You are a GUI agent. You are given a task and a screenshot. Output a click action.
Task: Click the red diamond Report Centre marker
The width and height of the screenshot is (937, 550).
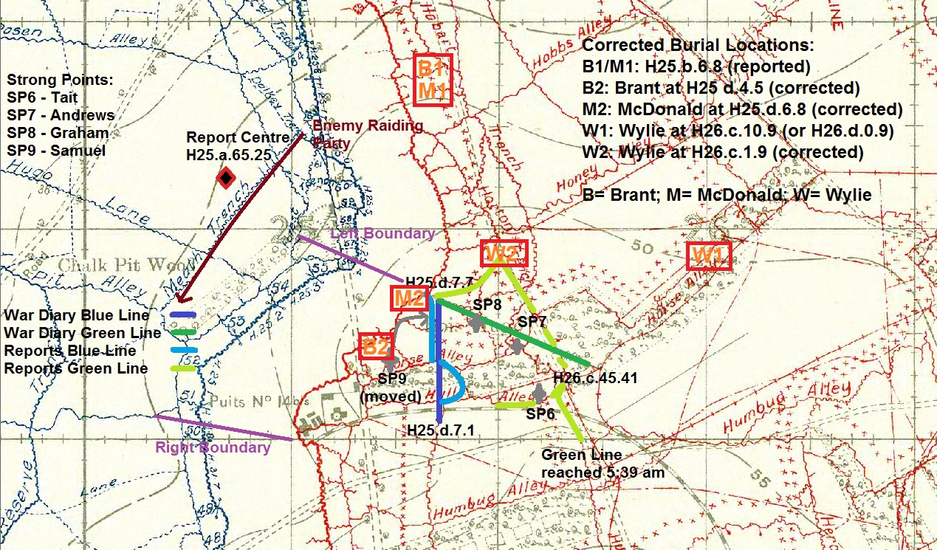pos(225,177)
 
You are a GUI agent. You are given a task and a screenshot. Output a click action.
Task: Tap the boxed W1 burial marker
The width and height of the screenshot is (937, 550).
pos(709,256)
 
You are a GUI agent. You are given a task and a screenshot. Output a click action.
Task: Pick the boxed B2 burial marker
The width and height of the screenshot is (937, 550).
pos(375,346)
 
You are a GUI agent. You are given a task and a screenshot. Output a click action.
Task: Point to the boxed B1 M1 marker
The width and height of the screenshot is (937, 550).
pos(432,80)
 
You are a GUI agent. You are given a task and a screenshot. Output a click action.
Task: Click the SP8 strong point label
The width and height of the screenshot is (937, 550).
pos(487,304)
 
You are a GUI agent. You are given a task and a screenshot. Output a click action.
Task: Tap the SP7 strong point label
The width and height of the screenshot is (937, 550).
pos(532,322)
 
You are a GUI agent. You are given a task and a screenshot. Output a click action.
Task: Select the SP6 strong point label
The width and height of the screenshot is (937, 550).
pos(540,414)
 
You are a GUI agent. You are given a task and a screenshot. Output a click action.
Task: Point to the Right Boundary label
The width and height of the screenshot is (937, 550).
pos(213,447)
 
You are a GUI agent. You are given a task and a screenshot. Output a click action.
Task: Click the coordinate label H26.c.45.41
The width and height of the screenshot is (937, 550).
pos(594,378)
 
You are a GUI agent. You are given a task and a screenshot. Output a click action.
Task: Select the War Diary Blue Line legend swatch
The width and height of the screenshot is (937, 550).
pos(182,315)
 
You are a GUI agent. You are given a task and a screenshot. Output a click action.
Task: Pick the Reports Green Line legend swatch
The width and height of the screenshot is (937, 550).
pos(182,368)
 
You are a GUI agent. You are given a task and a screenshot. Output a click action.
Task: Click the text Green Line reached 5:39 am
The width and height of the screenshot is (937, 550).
pos(603,464)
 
